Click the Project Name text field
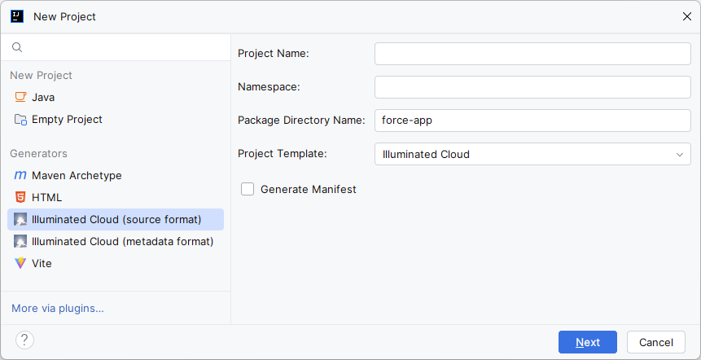pyautogui.click(x=532, y=54)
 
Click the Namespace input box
pyautogui.click(x=532, y=87)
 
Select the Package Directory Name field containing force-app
pyautogui.click(x=532, y=121)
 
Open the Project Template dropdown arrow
pyautogui.click(x=680, y=155)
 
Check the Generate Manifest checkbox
pyautogui.click(x=248, y=189)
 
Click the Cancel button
pyautogui.click(x=656, y=342)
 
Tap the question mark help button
pyautogui.click(x=24, y=340)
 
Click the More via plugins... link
pyautogui.click(x=58, y=308)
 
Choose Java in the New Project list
pyautogui.click(x=43, y=97)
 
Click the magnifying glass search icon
pyautogui.click(x=17, y=47)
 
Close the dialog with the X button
pyautogui.click(x=687, y=16)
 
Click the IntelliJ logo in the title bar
pyautogui.click(x=17, y=16)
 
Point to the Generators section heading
pyautogui.click(x=38, y=153)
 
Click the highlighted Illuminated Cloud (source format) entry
pyautogui.click(x=116, y=220)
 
